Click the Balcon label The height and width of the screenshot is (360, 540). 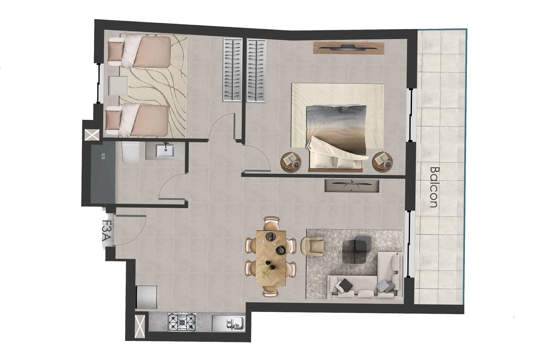434,187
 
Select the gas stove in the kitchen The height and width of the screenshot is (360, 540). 182,322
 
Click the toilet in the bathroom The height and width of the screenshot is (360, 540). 130,152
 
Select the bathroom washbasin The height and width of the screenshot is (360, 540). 166,151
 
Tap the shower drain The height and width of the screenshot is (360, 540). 103,154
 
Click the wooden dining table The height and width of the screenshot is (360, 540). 271,258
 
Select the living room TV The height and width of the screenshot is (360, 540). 352,186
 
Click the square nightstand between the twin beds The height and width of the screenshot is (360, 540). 119,85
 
